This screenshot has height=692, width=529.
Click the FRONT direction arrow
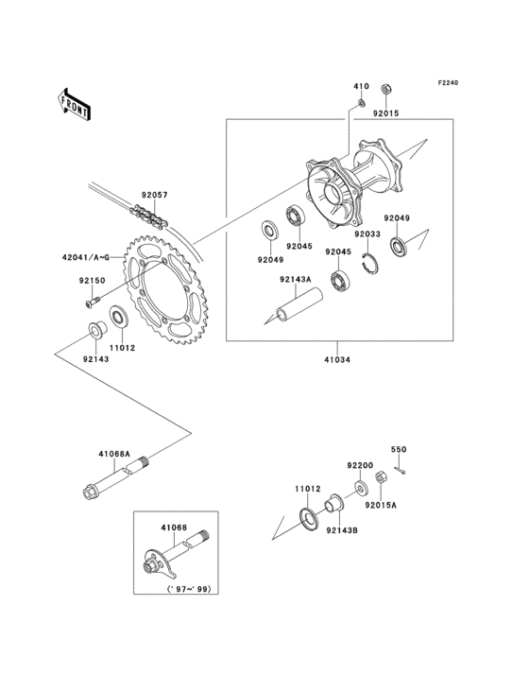(75, 105)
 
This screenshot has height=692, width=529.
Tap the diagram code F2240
(448, 83)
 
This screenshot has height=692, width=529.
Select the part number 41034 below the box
(337, 359)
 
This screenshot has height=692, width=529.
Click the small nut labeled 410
(361, 103)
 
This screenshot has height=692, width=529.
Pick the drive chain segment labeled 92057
(149, 218)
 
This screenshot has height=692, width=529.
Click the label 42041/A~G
(86, 257)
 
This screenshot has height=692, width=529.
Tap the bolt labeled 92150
(92, 303)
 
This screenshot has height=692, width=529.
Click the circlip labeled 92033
(370, 264)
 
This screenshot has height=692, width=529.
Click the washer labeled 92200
(362, 488)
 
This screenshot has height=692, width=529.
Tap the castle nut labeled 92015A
(381, 478)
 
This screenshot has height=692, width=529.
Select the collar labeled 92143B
(333, 504)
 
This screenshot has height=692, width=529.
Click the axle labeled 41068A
(116, 478)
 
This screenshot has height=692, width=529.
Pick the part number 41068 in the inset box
(174, 528)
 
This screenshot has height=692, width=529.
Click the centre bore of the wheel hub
(332, 193)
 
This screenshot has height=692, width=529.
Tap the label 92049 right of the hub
(397, 218)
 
